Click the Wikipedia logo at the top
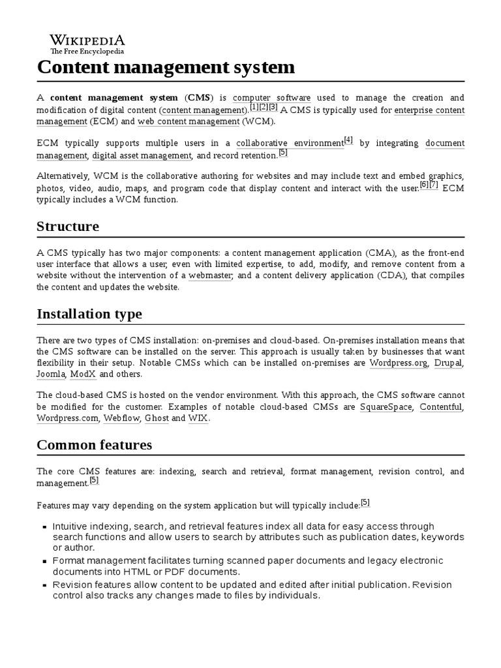click(87, 42)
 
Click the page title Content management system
click(166, 67)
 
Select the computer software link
click(271, 98)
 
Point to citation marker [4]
click(348, 140)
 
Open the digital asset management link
click(142, 155)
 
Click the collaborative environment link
click(290, 143)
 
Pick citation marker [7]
click(434, 185)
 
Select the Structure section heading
click(68, 226)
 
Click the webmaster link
click(211, 275)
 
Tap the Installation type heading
click(89, 314)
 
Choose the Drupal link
click(448, 363)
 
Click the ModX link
click(83, 374)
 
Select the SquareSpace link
click(386, 407)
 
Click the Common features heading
click(95, 445)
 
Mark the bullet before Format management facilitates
click(44, 562)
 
